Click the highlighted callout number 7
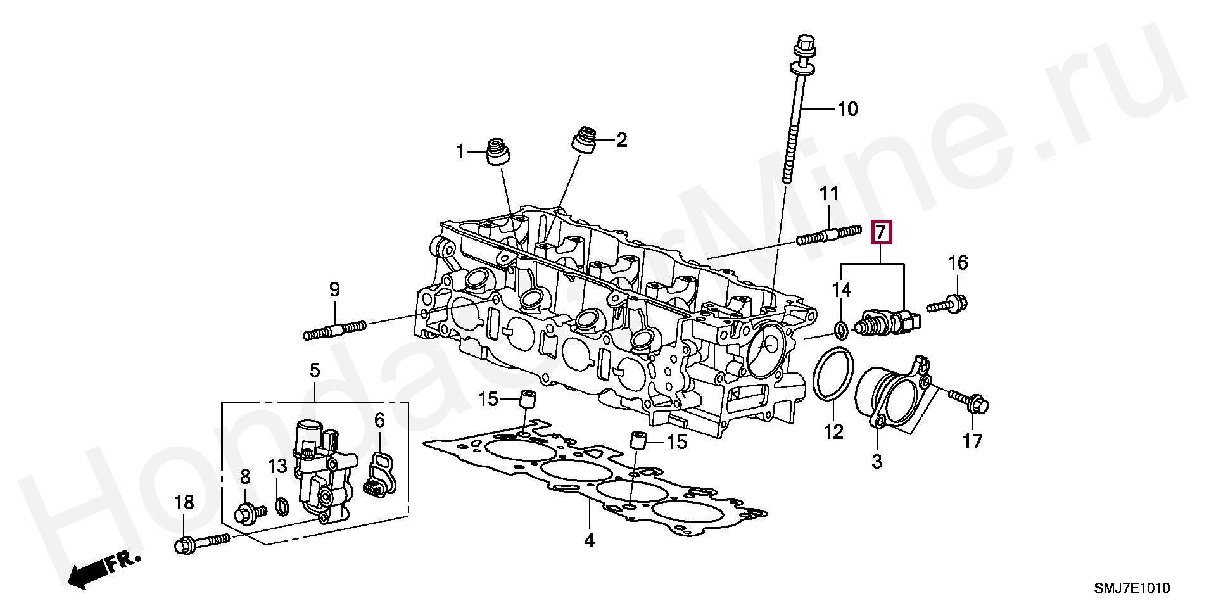coord(882,232)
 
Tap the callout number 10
coord(847,109)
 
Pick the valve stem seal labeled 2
coord(585,139)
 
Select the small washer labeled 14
coord(841,329)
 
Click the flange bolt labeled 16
coord(948,305)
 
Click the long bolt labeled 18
coord(201,543)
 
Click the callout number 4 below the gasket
coord(589,540)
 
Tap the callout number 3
coord(877,461)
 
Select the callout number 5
coord(315,370)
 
